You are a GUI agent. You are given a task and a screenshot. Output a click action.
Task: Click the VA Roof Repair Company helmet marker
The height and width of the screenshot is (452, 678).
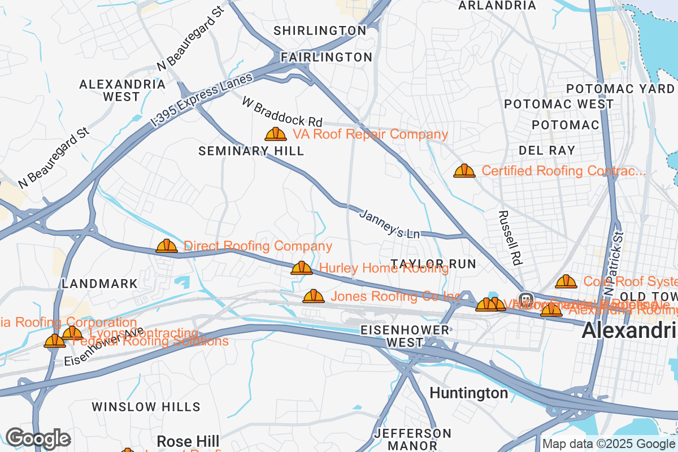(x=276, y=134)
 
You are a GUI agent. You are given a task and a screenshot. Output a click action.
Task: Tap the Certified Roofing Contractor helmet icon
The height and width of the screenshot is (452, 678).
(x=464, y=171)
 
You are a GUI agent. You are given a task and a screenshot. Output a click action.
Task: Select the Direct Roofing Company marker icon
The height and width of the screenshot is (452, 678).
(x=167, y=246)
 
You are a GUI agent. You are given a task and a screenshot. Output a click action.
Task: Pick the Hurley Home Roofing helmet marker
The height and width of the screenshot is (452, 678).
(x=302, y=268)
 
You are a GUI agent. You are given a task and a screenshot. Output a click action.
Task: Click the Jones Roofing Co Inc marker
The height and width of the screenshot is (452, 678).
(x=314, y=296)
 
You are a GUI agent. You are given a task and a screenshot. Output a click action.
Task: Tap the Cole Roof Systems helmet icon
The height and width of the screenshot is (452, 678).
(x=566, y=281)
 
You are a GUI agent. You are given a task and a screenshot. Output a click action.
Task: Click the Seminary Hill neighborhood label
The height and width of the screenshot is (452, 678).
(x=251, y=151)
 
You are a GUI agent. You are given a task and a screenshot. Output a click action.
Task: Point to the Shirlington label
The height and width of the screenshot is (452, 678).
(x=320, y=31)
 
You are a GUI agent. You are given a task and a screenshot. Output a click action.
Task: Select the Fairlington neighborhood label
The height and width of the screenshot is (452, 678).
(x=327, y=57)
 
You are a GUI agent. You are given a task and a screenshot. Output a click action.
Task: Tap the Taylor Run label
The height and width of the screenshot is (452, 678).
(x=433, y=264)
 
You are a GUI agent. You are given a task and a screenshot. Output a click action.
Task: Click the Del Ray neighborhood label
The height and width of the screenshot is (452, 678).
(x=547, y=150)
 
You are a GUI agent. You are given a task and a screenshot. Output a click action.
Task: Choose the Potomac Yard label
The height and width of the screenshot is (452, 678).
(x=620, y=89)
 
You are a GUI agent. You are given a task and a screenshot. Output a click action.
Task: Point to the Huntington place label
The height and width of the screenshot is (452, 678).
(x=469, y=393)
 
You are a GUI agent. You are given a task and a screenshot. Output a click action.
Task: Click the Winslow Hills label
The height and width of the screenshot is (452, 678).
(x=146, y=407)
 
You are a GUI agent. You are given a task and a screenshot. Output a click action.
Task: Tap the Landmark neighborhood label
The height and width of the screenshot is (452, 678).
(x=100, y=284)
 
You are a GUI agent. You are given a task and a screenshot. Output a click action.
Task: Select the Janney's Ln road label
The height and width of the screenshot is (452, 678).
(x=390, y=224)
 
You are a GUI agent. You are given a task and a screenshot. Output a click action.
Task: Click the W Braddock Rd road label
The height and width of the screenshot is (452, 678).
(x=282, y=111)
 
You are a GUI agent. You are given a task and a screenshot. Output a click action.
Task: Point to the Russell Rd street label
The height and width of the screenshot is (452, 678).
(x=510, y=238)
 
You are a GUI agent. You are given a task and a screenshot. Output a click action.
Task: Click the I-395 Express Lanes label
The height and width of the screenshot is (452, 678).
(x=202, y=100)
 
